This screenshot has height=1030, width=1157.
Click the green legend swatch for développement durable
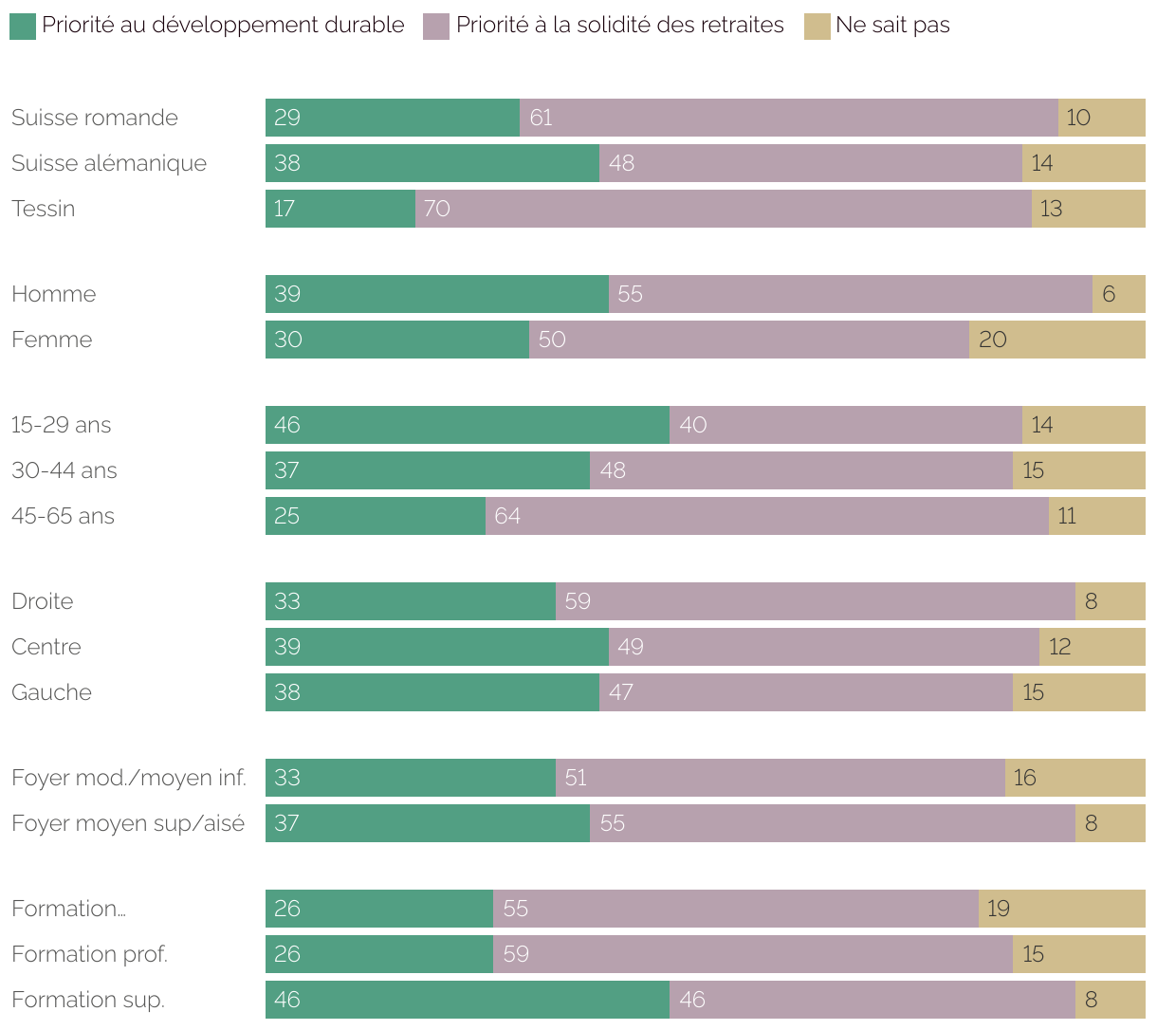point(23,27)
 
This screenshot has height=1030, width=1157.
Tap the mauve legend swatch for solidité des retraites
point(436,27)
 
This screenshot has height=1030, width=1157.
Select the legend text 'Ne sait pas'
point(892,26)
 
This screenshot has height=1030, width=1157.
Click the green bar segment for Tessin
point(340,209)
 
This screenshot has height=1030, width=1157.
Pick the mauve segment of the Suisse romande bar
point(788,118)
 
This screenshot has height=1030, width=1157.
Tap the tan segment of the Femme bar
point(1056,340)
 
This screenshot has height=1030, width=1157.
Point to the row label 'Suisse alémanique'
point(109,163)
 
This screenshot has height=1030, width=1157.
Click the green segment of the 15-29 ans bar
point(468,425)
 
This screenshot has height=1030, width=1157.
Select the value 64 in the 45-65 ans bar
point(507,516)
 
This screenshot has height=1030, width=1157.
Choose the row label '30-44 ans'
point(64,470)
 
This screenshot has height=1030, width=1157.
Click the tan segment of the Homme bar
point(1119,294)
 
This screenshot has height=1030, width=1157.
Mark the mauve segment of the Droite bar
point(815,601)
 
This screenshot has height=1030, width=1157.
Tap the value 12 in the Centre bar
point(1059,647)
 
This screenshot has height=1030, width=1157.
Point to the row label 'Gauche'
point(52,692)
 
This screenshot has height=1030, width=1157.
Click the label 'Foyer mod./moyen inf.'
point(129,778)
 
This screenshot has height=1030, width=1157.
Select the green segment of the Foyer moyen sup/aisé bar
point(428,823)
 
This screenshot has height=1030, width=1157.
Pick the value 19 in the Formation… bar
point(999,909)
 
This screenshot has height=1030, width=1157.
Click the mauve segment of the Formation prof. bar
point(752,954)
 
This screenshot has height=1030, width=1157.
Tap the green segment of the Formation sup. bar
point(468,1000)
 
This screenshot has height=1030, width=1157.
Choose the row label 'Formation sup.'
point(88,1000)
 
